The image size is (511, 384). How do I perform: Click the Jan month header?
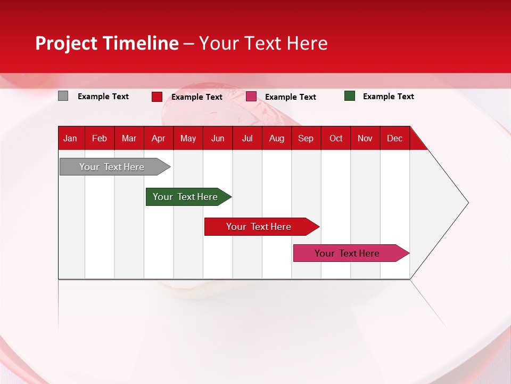[71, 138]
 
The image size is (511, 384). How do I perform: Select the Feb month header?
[100, 138]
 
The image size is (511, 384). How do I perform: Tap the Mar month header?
[129, 138]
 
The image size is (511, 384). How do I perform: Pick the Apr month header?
[159, 138]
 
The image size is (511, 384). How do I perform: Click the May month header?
[188, 138]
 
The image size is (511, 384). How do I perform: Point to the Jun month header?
[218, 138]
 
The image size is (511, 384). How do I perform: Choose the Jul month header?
[248, 138]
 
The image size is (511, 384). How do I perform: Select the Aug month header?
[277, 138]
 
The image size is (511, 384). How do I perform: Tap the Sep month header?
[306, 138]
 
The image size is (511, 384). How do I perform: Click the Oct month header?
[336, 138]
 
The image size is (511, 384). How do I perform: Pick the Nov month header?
[365, 138]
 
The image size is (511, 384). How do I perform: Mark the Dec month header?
[395, 138]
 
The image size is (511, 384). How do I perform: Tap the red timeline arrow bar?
[259, 227]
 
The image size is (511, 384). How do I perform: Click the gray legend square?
[63, 96]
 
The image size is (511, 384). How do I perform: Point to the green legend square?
[350, 96]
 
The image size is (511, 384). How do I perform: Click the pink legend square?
[251, 97]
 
